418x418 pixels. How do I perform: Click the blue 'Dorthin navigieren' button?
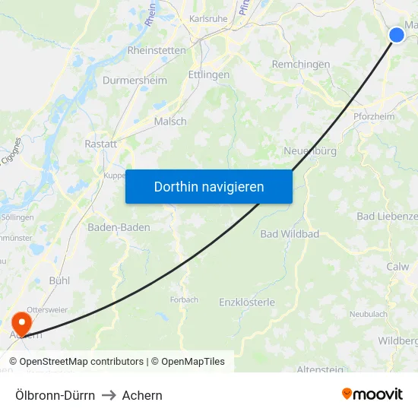coord(209,186)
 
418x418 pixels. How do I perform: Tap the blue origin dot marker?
coord(397,34)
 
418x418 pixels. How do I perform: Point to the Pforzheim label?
coord(374,116)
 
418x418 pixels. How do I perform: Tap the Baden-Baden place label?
coord(119,227)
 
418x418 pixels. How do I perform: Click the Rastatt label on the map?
coord(101,144)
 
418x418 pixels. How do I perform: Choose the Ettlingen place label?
coord(209,75)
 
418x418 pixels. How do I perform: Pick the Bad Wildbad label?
coord(290,234)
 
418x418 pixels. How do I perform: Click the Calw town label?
coord(397,267)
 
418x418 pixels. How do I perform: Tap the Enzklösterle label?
coord(247,302)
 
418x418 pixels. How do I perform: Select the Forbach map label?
coord(184,299)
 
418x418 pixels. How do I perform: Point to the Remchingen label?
coord(301,65)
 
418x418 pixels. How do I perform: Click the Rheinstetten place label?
coord(157,50)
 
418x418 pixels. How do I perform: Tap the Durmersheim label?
coord(134,79)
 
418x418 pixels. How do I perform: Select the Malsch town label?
coord(170,122)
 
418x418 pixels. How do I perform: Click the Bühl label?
coord(59,280)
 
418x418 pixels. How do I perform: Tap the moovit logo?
coord(372,394)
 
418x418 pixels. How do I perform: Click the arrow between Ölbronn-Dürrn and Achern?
coord(109,395)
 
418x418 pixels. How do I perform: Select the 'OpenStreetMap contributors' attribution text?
coord(81,362)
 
